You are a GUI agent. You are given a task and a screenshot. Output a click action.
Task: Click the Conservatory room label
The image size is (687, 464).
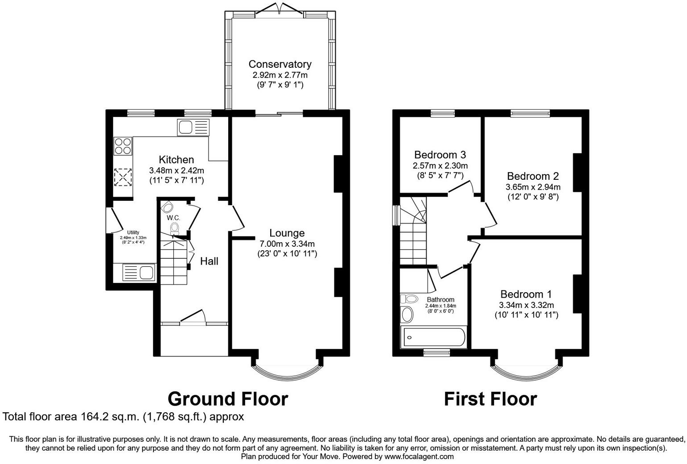pos(280,64)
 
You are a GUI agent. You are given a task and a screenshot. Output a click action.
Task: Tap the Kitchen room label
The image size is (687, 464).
pos(177,160)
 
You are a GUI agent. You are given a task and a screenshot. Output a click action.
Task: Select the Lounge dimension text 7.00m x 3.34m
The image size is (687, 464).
pos(287,244)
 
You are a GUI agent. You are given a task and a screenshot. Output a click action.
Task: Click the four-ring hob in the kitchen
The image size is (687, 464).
pos(123,145)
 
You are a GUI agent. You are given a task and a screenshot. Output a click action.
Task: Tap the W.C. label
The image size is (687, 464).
pos(173,218)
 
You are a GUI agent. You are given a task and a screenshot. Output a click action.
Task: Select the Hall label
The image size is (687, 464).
pos(209,261)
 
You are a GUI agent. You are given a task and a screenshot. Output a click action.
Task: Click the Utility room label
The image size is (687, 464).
pos(133,232)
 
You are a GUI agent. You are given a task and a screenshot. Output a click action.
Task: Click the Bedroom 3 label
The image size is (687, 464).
pos(440,155)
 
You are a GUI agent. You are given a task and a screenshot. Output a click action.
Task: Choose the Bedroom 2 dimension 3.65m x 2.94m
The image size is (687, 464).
pos(533,187)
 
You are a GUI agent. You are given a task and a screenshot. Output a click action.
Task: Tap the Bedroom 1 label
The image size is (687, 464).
pos(526,294)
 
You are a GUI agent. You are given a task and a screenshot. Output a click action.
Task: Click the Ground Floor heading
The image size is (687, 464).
pos(228,398)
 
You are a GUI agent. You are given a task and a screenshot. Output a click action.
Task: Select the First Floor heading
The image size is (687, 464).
pos(490,398)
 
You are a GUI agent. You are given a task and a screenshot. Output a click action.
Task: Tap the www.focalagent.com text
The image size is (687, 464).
pos(419,456)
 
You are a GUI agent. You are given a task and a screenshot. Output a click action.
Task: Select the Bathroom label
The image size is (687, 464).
pos(440,300)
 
